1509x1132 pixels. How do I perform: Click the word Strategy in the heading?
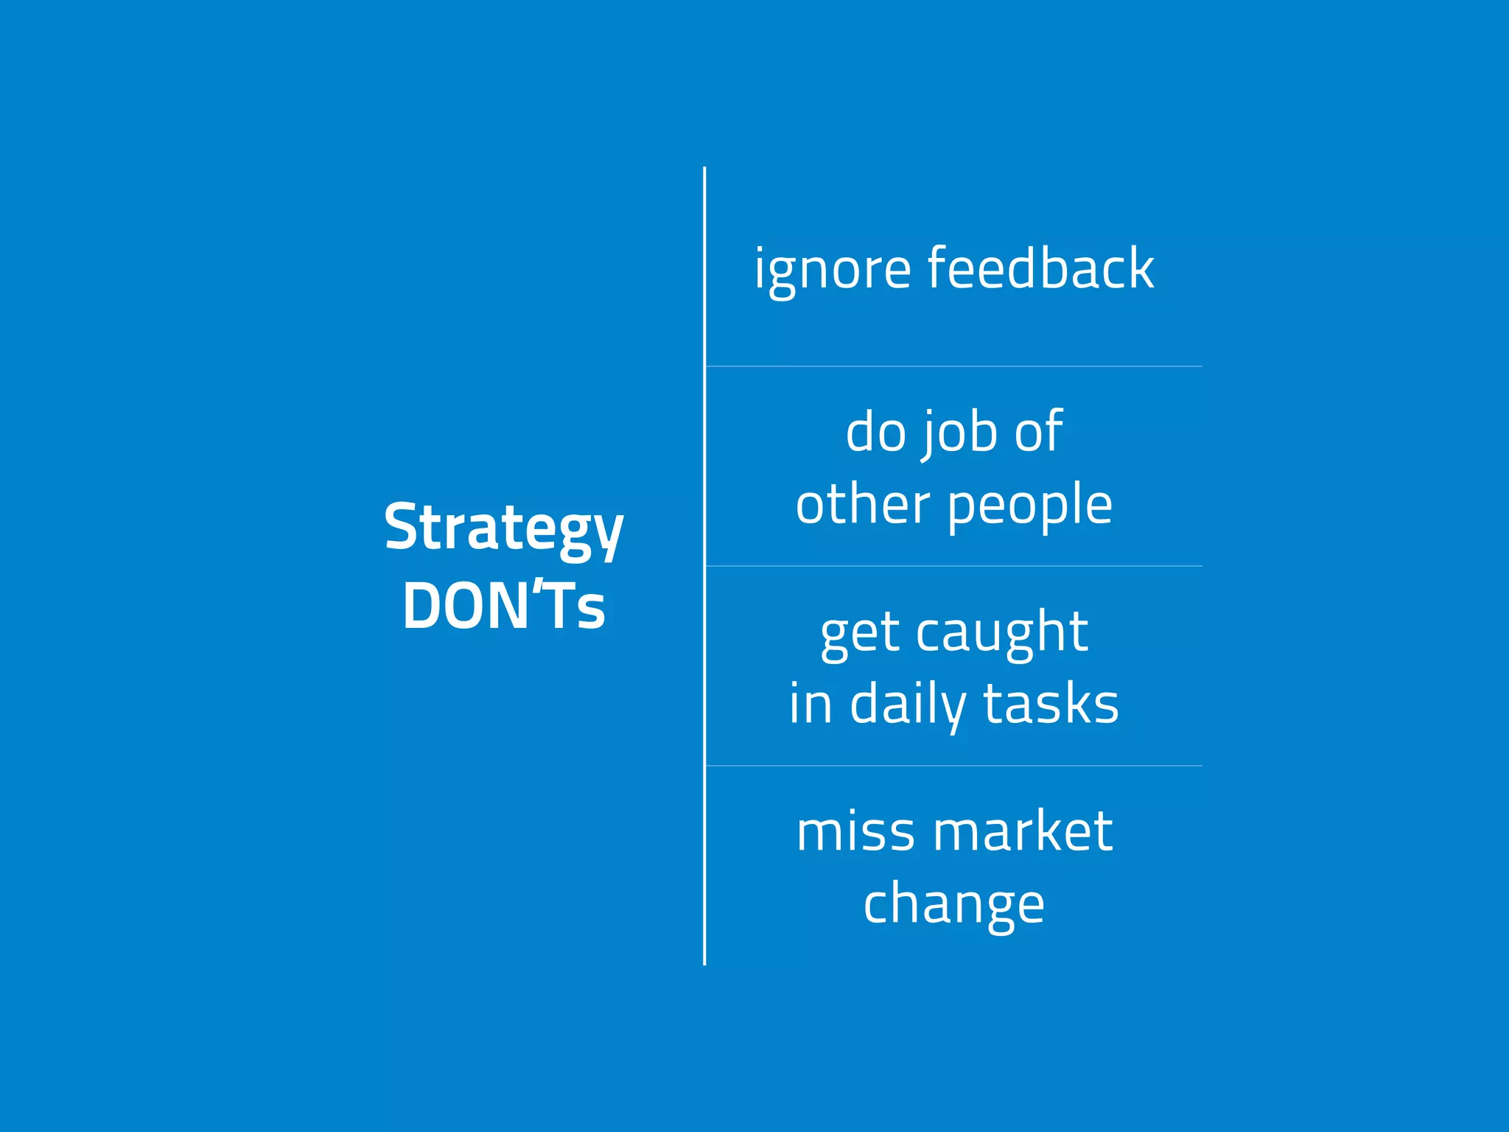pos(503,528)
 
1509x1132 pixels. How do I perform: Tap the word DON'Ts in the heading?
pos(503,606)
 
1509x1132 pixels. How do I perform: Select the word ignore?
pos(832,269)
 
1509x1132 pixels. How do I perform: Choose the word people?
pos(1029,506)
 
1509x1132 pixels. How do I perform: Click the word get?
pos(860,634)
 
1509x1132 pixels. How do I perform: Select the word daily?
pos(908,705)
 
